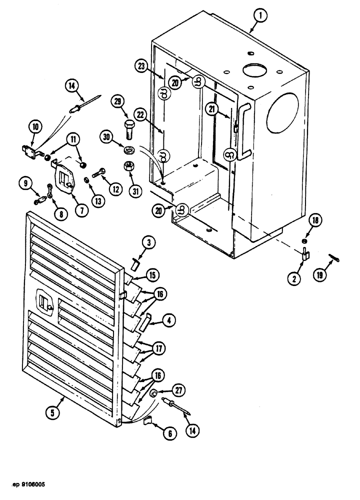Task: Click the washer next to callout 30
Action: (x=128, y=149)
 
